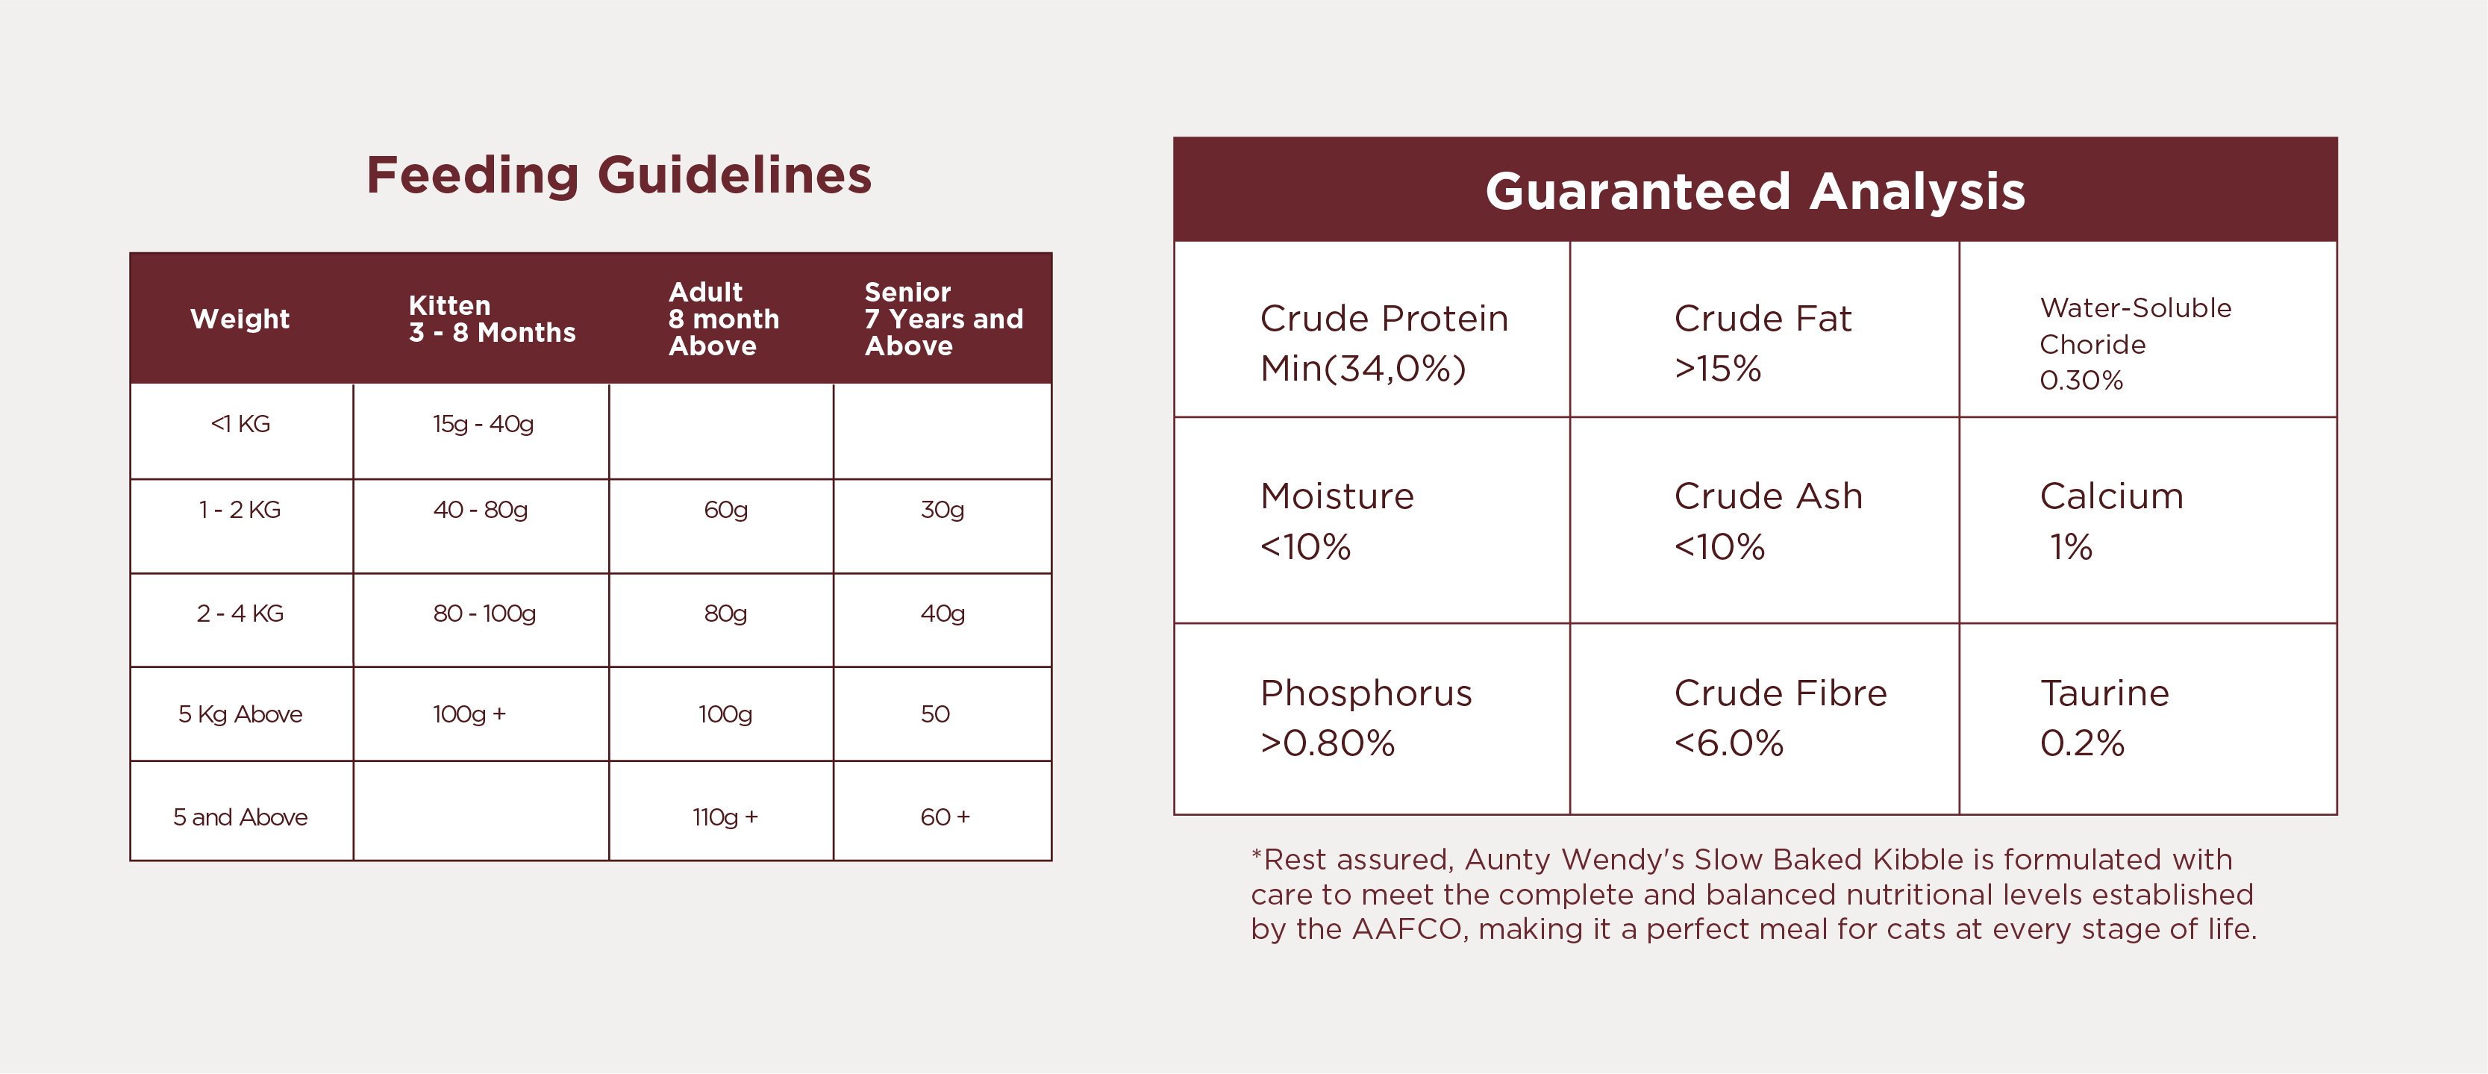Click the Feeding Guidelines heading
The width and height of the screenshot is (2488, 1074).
tap(619, 177)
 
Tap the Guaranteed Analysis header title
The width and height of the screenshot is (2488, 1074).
tap(1755, 191)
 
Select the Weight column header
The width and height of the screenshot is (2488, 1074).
tap(240, 319)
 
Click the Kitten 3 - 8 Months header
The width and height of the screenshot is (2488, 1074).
tap(492, 319)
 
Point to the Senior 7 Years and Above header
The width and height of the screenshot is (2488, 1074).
tap(943, 319)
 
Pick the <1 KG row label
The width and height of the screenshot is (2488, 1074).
tap(240, 424)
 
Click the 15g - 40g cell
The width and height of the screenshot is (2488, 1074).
tap(483, 424)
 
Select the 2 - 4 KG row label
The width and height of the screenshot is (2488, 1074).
tap(240, 614)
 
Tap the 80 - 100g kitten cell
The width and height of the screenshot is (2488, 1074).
tap(484, 614)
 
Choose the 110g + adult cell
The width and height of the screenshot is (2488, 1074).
tap(725, 817)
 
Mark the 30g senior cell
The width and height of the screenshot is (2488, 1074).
tap(943, 510)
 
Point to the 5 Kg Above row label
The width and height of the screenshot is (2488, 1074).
tap(240, 715)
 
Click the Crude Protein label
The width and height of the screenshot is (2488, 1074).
tap(1384, 318)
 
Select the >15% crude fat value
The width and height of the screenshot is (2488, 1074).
tap(1717, 368)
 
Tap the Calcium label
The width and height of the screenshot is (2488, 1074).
tap(2111, 496)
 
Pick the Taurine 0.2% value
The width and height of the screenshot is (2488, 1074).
tap(2081, 743)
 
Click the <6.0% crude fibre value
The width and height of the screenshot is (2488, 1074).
tap(1729, 743)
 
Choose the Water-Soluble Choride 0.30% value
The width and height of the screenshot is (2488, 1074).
tap(2081, 381)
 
